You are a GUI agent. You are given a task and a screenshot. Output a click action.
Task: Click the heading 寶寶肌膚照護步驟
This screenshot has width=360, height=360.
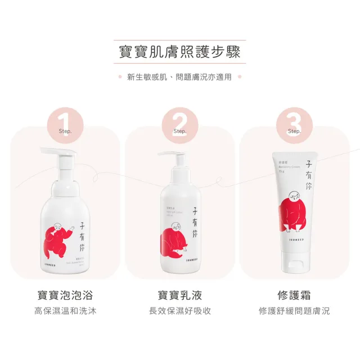tap(179, 53)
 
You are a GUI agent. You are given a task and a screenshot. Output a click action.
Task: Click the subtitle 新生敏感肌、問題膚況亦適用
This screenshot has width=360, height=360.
tap(179, 77)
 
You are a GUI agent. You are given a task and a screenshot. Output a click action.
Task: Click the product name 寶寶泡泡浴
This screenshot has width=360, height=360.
tap(65, 295)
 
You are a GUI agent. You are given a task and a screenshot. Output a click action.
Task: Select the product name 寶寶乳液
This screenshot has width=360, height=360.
tap(180, 295)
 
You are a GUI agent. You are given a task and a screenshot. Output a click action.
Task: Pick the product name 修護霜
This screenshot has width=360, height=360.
tap(294, 295)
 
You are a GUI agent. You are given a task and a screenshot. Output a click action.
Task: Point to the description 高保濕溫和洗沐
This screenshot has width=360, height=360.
tap(65, 311)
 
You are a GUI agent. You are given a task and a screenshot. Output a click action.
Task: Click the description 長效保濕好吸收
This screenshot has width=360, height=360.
tap(180, 311)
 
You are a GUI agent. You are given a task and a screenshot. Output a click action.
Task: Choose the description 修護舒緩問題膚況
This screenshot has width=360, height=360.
tap(294, 311)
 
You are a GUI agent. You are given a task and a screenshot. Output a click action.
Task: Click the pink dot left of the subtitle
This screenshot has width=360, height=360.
tap(120, 77)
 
